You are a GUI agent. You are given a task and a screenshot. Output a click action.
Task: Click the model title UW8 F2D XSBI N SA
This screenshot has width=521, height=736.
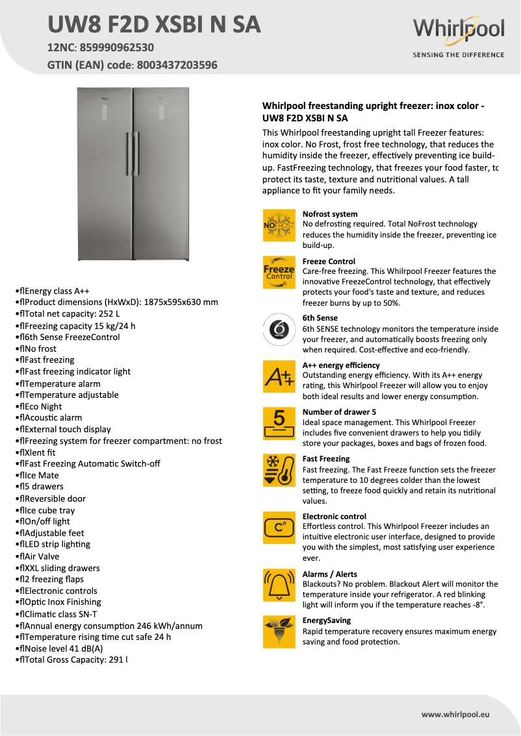coord(155,25)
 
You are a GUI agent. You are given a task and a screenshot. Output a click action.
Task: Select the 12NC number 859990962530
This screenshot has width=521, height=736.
coord(118,47)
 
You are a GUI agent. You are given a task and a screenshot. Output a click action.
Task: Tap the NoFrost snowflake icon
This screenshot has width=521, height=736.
coord(279,225)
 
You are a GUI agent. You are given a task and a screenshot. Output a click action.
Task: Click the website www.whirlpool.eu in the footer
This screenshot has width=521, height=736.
coord(455,715)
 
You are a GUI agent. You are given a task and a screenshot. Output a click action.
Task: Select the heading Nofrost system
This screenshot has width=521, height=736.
coord(330,214)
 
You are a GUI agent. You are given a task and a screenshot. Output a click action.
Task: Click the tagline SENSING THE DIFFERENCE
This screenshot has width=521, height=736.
coord(458,55)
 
